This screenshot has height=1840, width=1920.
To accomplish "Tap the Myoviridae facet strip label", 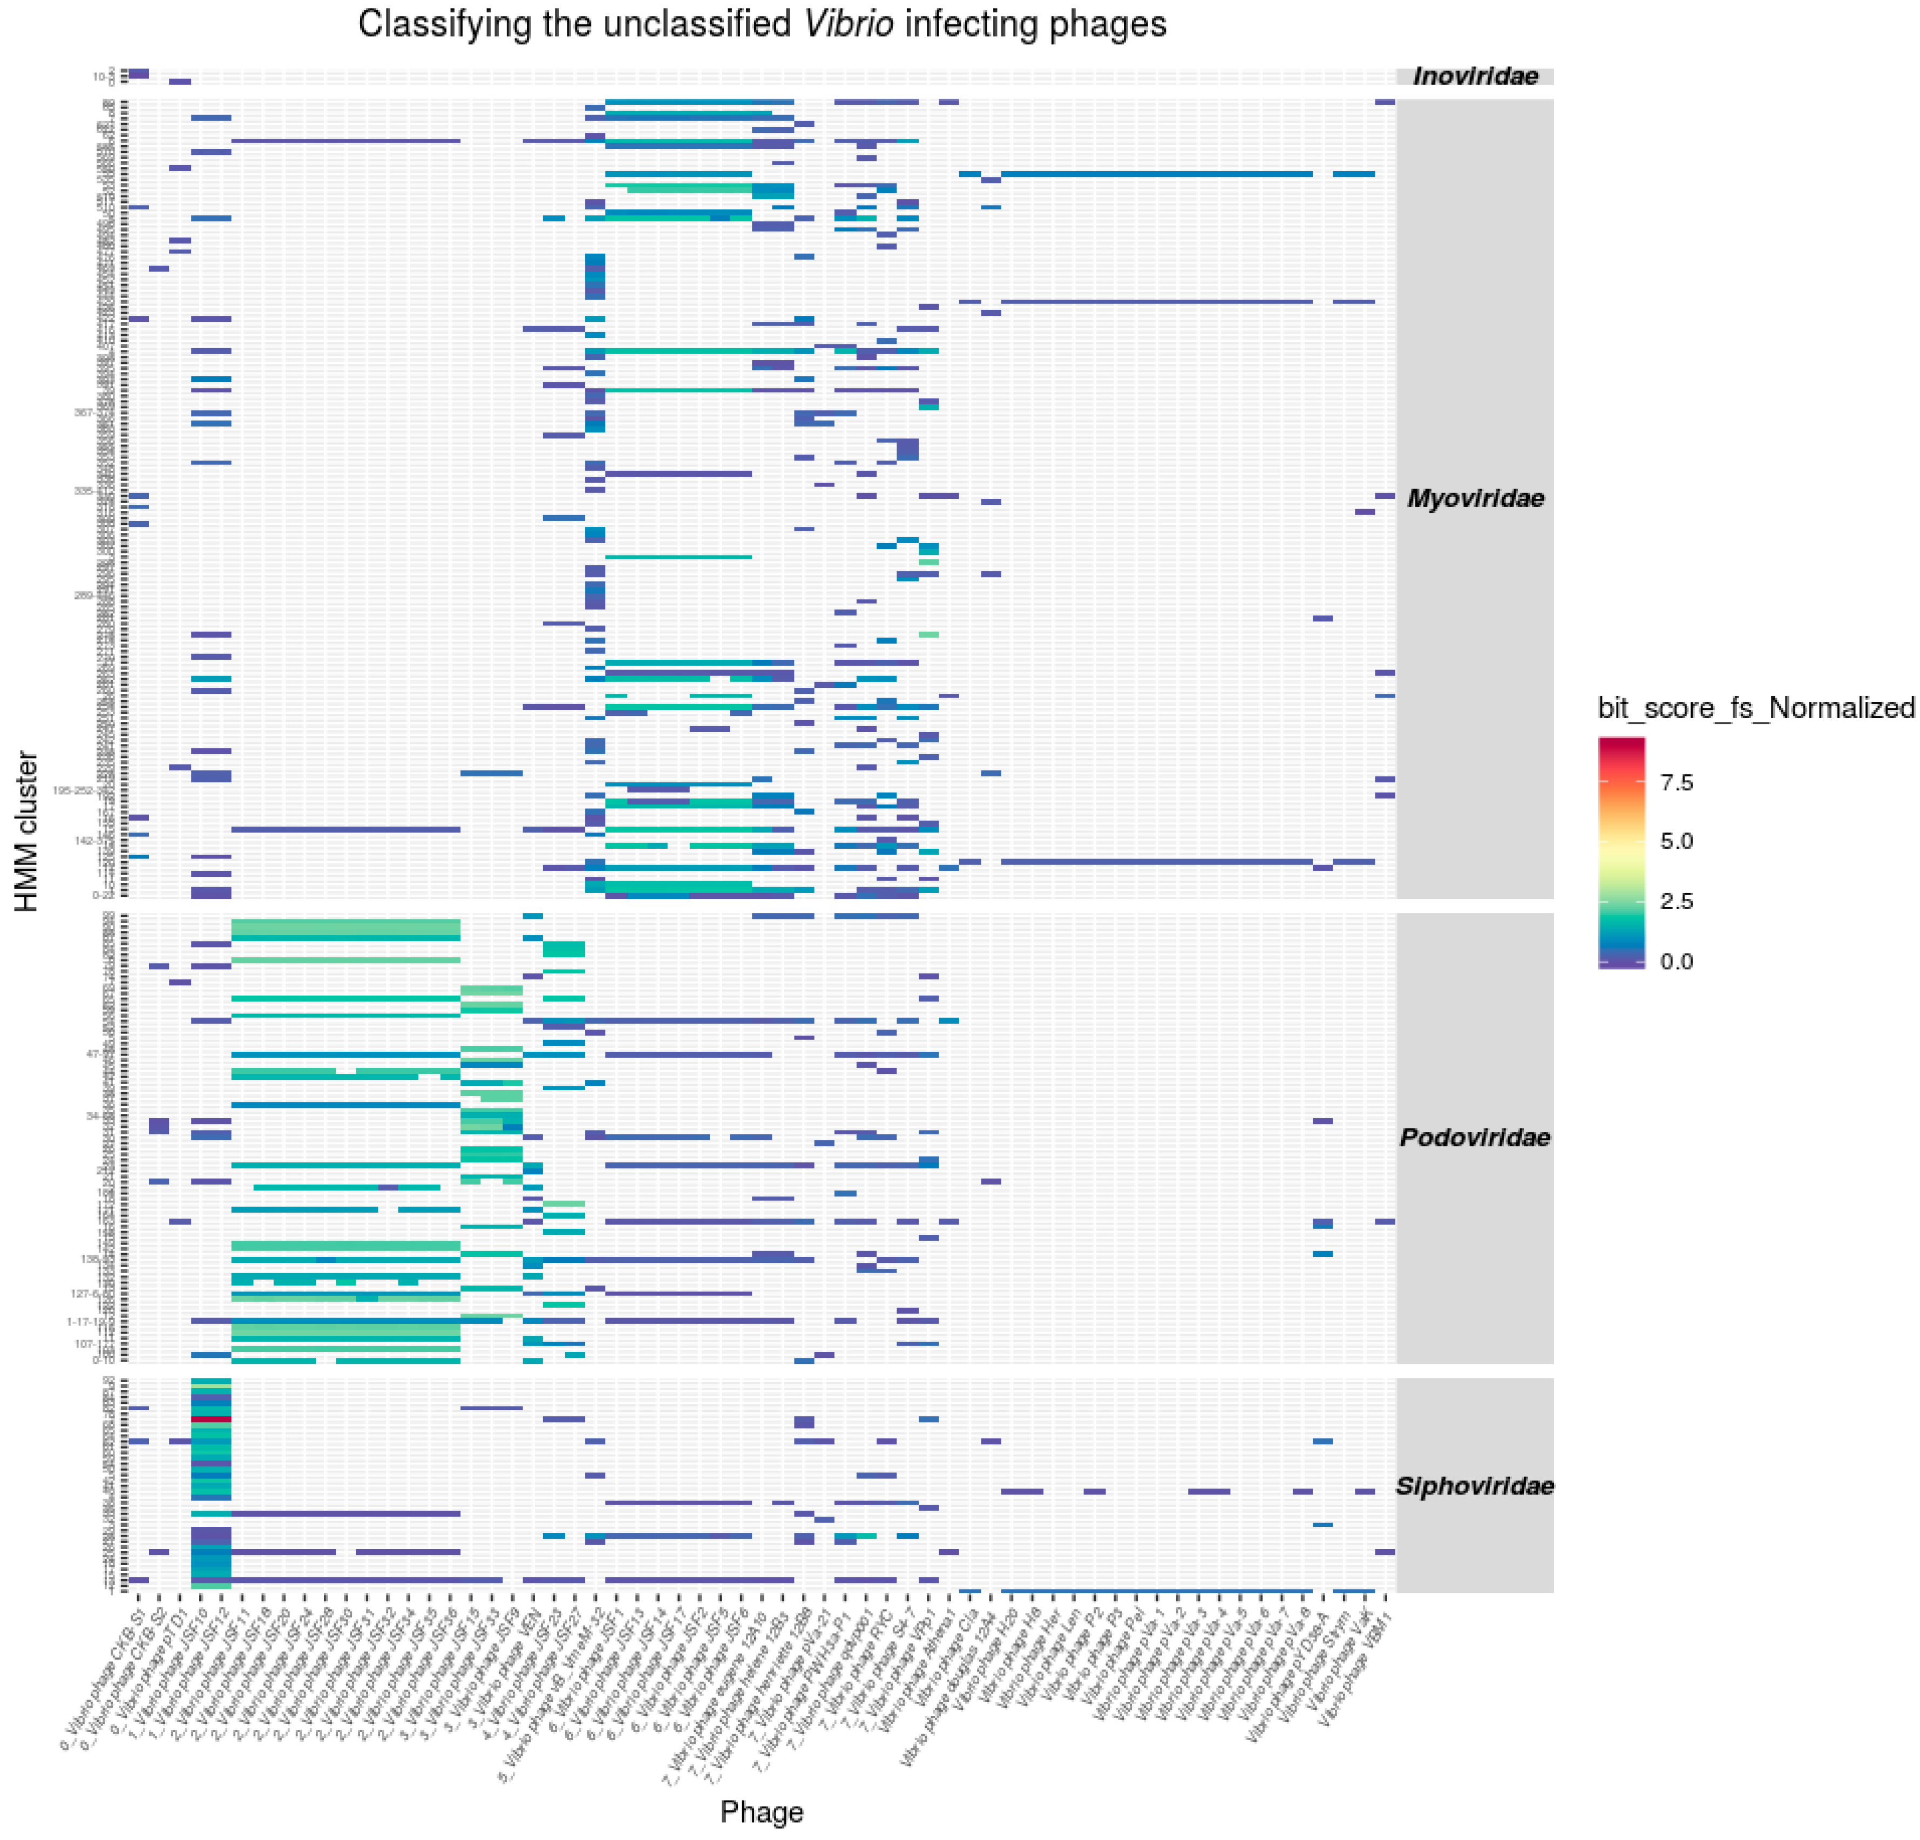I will pos(1475,499).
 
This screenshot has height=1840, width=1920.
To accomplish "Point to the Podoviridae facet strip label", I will pos(1475,1138).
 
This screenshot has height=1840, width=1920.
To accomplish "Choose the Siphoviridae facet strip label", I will pos(1475,1486).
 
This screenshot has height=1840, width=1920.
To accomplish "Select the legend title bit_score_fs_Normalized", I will pos(1755,707).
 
